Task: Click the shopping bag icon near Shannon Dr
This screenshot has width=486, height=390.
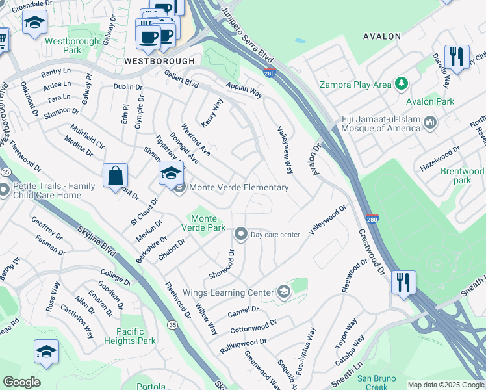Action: coord(115,175)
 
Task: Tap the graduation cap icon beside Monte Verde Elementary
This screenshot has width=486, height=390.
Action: coord(171,173)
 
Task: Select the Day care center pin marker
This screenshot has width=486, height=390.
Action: coord(241,234)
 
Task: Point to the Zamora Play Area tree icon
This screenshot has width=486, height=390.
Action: coord(402,84)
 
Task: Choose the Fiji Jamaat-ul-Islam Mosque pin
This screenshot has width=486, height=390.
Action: coord(429,122)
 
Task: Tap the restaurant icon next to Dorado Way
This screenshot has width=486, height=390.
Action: coord(457,57)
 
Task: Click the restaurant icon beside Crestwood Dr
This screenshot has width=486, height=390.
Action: coord(403,283)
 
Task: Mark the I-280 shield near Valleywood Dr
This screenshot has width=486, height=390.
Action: coord(371,218)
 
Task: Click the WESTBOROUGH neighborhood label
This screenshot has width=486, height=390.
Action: coord(159,60)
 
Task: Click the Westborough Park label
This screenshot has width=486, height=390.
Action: coord(63,45)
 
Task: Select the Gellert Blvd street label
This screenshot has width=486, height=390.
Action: coord(183,83)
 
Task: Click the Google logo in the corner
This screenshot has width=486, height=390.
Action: coord(21,382)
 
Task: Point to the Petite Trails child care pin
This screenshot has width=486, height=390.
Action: coord(4,190)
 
